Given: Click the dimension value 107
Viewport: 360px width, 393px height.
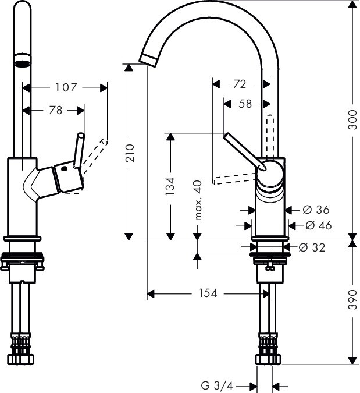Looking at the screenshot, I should pyautogui.click(x=66, y=87).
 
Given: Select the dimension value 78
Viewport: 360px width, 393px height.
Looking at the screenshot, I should pyautogui.click(x=55, y=110).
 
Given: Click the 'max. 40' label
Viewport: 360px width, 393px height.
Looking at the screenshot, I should pyautogui.click(x=198, y=200).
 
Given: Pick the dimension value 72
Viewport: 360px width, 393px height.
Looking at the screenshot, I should pyautogui.click(x=239, y=84).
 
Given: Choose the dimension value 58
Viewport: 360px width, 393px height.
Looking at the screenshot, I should pyautogui.click(x=245, y=104).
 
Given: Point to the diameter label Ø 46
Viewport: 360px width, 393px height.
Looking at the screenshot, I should pyautogui.click(x=318, y=225).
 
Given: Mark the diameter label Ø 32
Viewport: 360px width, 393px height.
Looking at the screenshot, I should pyautogui.click(x=312, y=247).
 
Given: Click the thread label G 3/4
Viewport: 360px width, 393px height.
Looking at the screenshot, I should pyautogui.click(x=217, y=385).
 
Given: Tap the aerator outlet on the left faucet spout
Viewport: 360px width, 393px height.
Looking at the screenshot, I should pyautogui.click(x=22, y=62).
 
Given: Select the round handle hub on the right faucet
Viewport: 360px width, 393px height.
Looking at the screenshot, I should pyautogui.click(x=270, y=174).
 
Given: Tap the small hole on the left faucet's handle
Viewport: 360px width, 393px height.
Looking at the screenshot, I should pyautogui.click(x=65, y=168).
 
